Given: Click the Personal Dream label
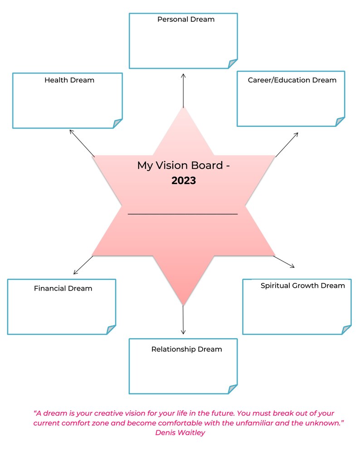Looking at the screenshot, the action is coord(186,19).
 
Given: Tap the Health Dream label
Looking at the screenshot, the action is coord(69,80).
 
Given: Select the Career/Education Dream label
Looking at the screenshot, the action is coord(292,80).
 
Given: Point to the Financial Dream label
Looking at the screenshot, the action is coord(63,288).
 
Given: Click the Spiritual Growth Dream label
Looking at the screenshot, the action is coord(302,286).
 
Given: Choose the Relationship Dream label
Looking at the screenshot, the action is coord(187,349).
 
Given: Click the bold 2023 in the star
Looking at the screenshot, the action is coord(184,181).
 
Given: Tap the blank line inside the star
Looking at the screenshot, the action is coord(183,214).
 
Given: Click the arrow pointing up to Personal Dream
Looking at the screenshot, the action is coord(184,91).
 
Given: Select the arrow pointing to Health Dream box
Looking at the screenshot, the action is coord(82,143).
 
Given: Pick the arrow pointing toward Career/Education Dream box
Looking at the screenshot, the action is coord(287,145).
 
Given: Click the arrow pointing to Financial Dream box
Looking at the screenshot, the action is coord(83,265).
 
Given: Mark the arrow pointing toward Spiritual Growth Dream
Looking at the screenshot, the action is coord(284,262).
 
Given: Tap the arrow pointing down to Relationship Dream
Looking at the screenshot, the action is coord(183,320).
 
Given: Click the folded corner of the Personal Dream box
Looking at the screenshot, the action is coord(233,63).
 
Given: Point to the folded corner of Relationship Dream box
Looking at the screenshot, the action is coord(233,389).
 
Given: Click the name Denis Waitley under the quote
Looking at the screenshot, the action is coord(180,433).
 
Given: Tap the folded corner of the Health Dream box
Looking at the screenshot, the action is coord(118,123).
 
